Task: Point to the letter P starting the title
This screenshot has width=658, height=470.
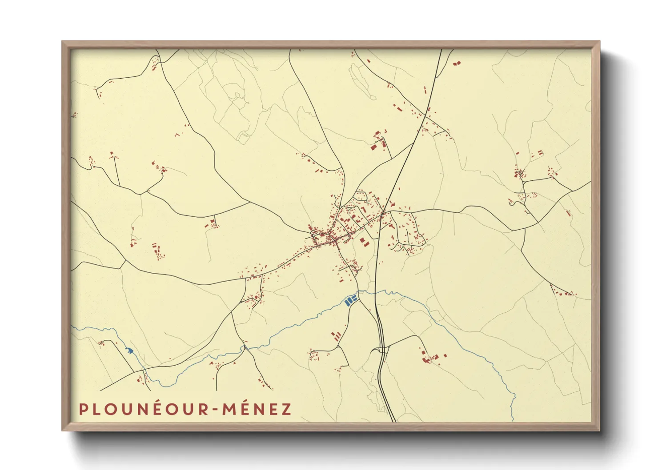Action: coord(83,409)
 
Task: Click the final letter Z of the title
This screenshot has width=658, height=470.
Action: coord(286,409)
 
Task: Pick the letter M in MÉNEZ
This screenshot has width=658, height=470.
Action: coord(228,409)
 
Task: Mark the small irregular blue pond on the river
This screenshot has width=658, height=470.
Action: coord(129,351)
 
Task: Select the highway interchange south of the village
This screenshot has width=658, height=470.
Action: coord(383,349)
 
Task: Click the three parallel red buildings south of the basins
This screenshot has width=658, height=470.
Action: coord(337,335)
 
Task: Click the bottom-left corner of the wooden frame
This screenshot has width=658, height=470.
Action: coord(63,430)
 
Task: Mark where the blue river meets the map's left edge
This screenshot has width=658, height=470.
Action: coord(72,327)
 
